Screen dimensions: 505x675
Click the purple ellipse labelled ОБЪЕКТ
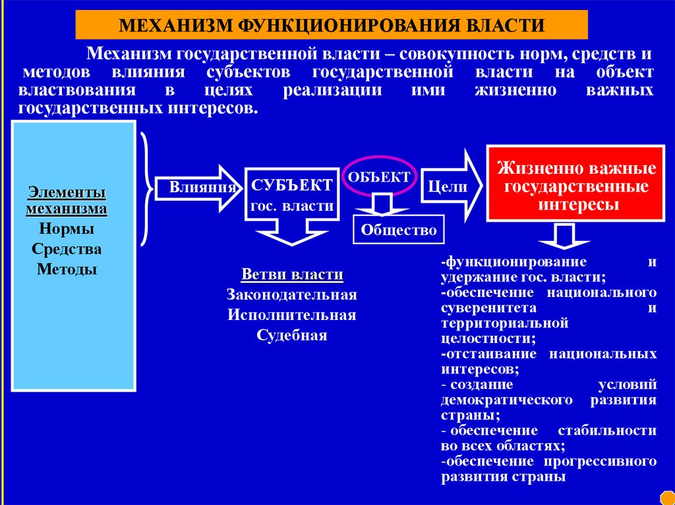point(378,176)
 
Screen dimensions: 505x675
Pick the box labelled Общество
point(399,230)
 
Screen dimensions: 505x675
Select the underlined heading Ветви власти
point(292,274)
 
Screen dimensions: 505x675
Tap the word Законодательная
point(292,294)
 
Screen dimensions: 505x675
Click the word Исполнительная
point(292,315)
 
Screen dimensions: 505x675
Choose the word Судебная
point(292,335)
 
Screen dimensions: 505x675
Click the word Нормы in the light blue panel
point(67,230)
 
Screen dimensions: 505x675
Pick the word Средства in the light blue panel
point(67,250)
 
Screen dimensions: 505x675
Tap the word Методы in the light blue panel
point(67,269)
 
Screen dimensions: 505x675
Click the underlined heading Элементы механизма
point(67,201)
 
